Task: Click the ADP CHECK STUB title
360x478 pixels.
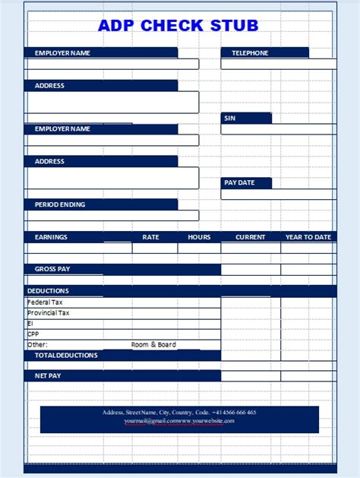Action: point(178,25)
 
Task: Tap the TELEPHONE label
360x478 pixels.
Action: point(250,53)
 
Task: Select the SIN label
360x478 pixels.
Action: point(229,118)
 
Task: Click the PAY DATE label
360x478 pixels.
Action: point(239,183)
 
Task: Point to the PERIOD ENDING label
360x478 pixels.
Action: point(60,204)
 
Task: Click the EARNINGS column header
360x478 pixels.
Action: point(51,237)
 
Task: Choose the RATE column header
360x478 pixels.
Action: point(150,237)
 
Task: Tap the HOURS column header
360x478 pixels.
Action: point(199,237)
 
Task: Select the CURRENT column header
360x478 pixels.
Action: point(250,237)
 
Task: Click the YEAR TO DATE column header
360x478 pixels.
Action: point(308,237)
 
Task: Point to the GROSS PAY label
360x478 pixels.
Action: point(52,269)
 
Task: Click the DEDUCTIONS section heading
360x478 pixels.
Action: point(48,291)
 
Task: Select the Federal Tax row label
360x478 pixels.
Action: point(45,302)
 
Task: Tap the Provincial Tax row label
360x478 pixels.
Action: point(49,313)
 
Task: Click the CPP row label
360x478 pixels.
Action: point(33,334)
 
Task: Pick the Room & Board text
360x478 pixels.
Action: point(153,345)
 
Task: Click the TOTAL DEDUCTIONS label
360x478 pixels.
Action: point(66,356)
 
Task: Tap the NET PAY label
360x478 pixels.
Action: point(48,375)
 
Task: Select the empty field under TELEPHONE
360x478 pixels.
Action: point(278,64)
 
